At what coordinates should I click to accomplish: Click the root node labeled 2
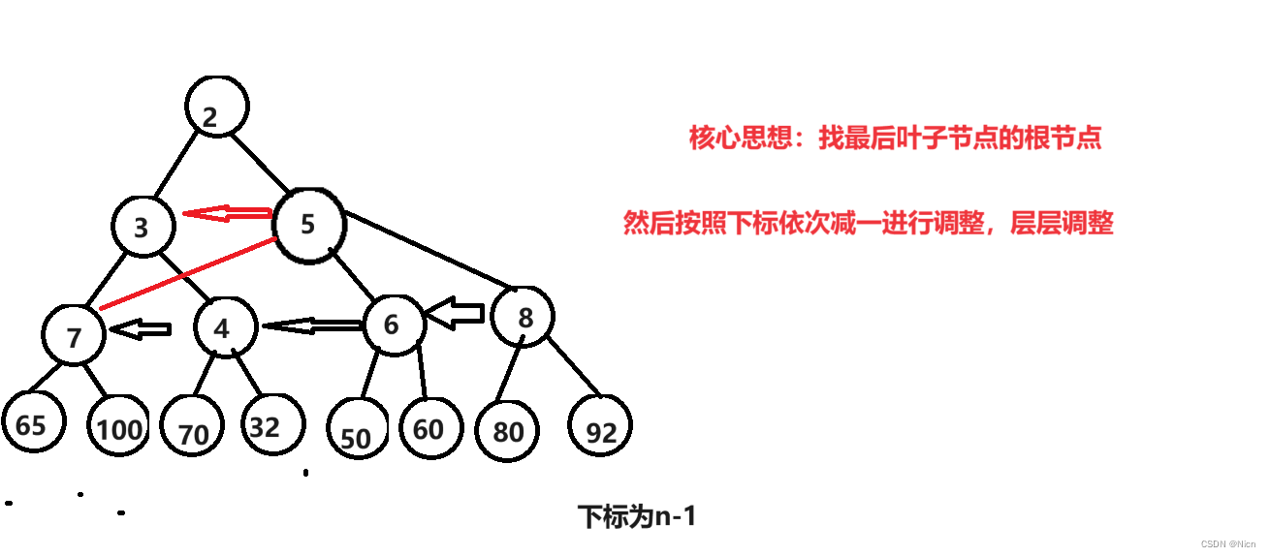(x=218, y=107)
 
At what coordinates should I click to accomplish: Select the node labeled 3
(x=143, y=227)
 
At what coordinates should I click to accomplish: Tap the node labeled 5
(x=309, y=224)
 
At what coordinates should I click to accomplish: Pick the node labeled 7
(x=75, y=335)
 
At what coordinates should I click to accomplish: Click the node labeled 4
(x=225, y=326)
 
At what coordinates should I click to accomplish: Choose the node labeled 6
(x=394, y=324)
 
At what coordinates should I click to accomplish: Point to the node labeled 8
(x=524, y=317)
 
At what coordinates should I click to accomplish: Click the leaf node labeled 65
(x=32, y=424)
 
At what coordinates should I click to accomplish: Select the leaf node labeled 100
(x=120, y=426)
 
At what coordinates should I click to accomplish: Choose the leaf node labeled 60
(x=429, y=427)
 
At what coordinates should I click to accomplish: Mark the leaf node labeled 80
(x=507, y=430)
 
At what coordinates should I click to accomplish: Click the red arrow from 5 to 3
(x=228, y=213)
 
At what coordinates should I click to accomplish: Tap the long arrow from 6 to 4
(x=312, y=326)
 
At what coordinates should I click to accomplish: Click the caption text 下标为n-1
(x=637, y=517)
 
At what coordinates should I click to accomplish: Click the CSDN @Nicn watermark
(x=1228, y=544)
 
